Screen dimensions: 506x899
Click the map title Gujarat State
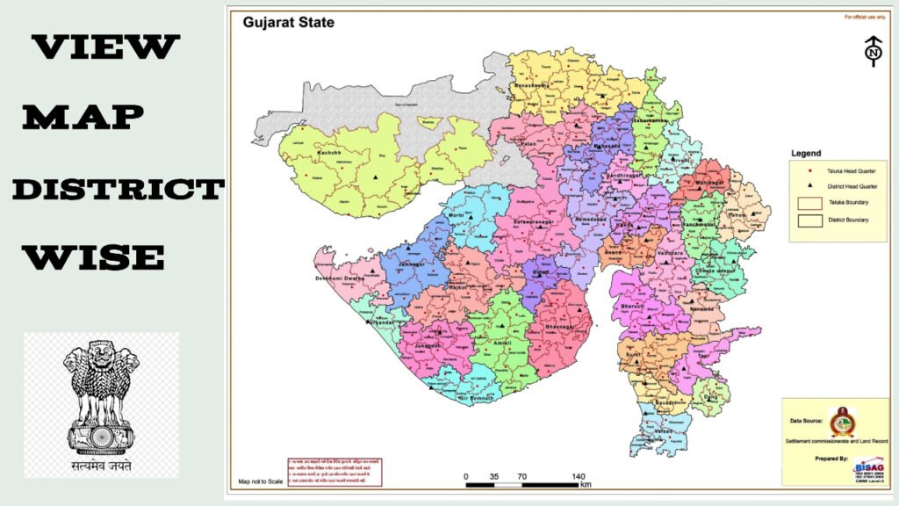pos(289,22)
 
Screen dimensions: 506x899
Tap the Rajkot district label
pos(456,286)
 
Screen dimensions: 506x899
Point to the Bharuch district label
pos(632,307)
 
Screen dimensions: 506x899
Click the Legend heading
pos(806,154)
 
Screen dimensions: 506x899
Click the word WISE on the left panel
pos(93,257)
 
